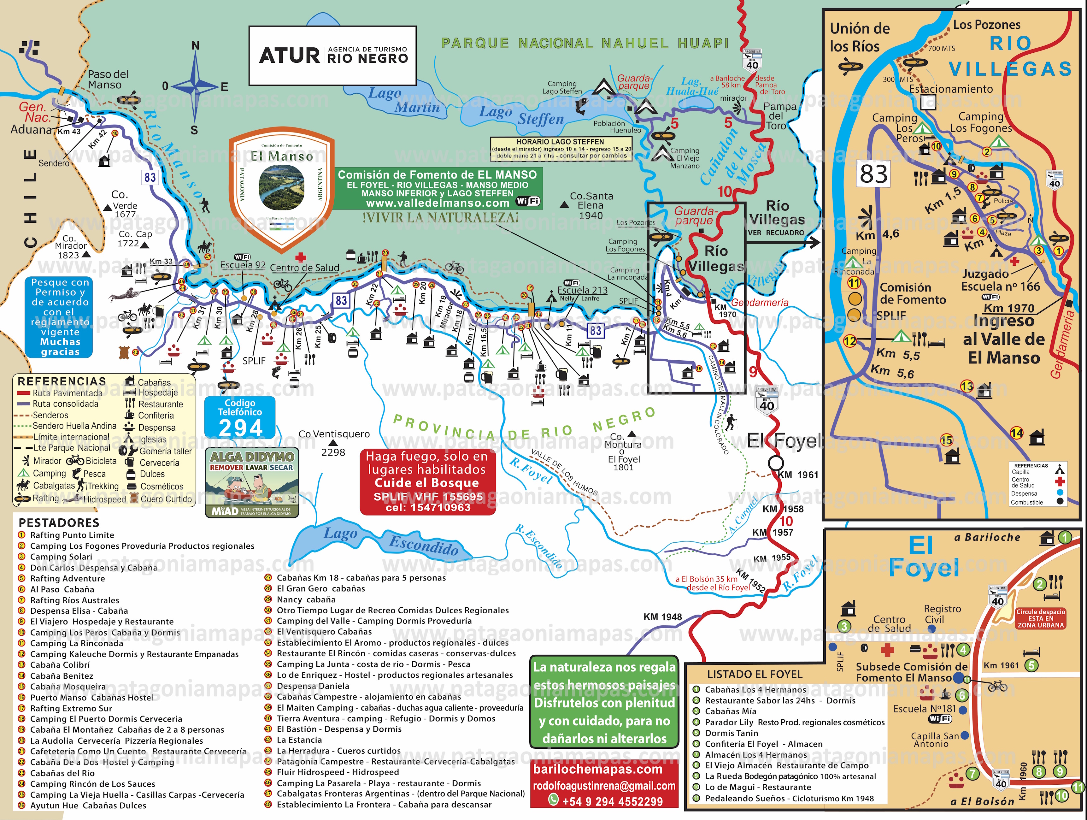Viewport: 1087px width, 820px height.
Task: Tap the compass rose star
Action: (x=195, y=86)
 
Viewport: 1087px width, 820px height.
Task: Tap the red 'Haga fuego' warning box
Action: (x=427, y=482)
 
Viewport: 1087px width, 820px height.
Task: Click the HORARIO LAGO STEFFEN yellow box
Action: (x=561, y=149)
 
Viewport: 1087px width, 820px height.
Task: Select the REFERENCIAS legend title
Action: (x=62, y=381)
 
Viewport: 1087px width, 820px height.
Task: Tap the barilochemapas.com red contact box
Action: (x=604, y=784)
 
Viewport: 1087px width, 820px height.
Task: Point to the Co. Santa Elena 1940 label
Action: (x=591, y=205)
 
